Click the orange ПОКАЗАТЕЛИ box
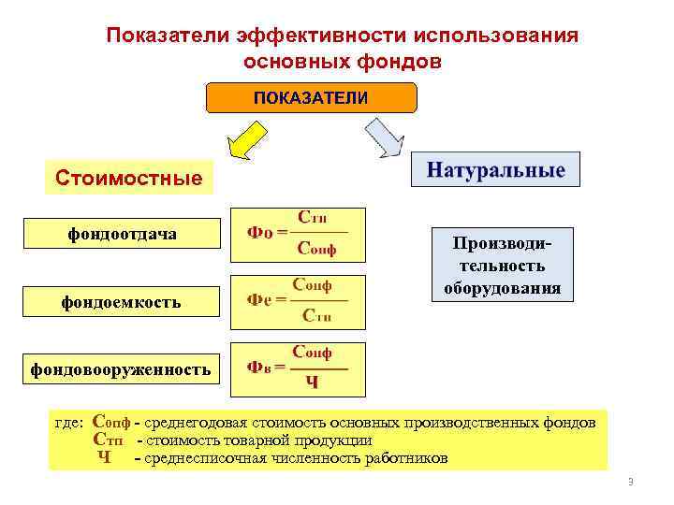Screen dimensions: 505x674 (x=311, y=98)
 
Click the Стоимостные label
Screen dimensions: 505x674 (x=128, y=177)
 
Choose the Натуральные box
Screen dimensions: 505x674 (x=496, y=171)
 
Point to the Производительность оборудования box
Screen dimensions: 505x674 (x=503, y=265)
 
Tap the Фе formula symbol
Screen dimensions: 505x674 (x=259, y=300)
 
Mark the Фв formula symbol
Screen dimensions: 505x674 (x=259, y=367)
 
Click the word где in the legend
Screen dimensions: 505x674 (x=69, y=423)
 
